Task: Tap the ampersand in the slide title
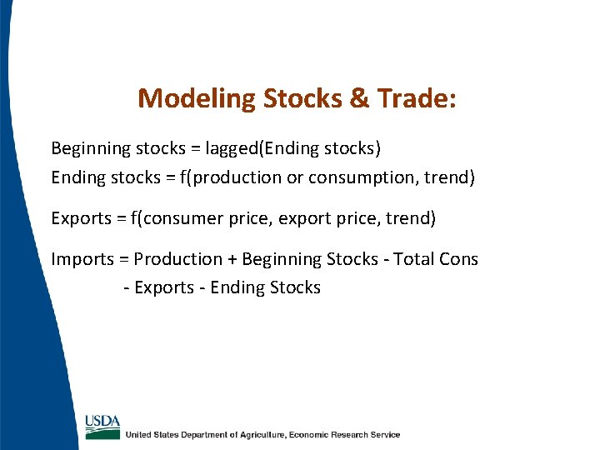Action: tap(360, 99)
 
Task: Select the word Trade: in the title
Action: tap(417, 99)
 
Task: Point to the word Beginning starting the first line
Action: tap(91, 149)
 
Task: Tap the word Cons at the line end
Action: tap(459, 260)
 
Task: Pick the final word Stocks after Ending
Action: tap(293, 288)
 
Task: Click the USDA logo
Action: tap(102, 426)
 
